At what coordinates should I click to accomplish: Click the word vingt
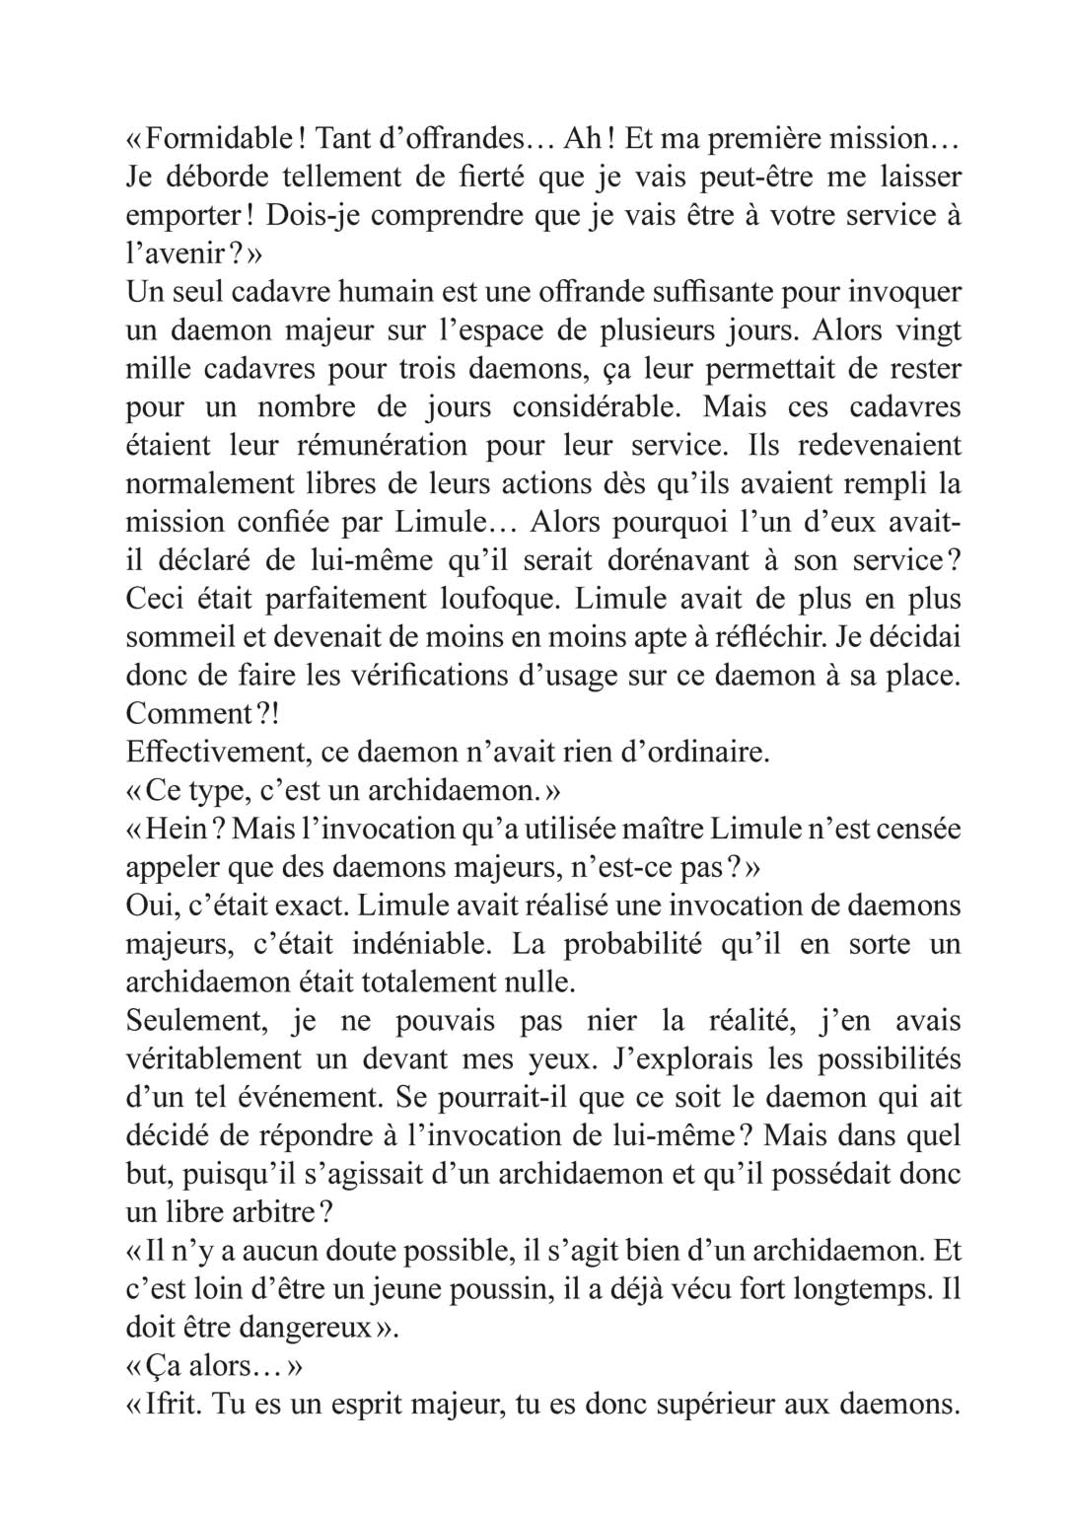point(926,330)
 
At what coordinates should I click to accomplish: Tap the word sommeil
point(172,636)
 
